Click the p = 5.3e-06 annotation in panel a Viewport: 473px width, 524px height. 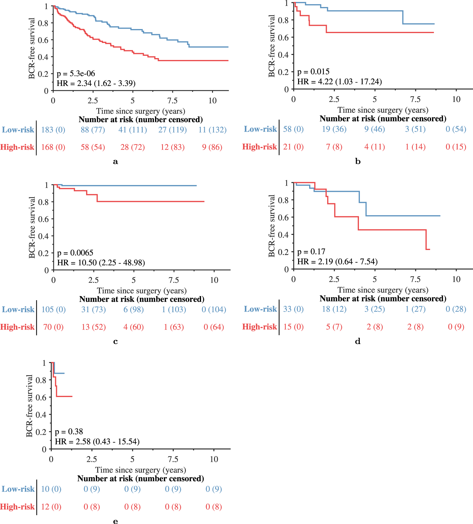(x=76, y=74)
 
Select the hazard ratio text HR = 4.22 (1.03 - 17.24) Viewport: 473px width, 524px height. (x=339, y=82)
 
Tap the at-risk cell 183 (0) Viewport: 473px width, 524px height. (x=53, y=130)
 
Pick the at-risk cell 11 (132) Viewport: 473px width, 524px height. (x=212, y=130)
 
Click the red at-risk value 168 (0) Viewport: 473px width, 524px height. (x=53, y=147)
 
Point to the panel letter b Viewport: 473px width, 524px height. (x=358, y=161)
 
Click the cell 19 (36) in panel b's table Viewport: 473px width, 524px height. (x=334, y=129)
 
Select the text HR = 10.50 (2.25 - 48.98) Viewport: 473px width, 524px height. (x=101, y=263)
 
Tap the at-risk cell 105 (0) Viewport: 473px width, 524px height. (x=54, y=309)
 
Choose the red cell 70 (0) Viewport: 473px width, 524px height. (x=53, y=327)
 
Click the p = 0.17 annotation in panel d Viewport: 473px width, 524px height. (x=311, y=252)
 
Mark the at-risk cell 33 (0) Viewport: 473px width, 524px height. (x=293, y=309)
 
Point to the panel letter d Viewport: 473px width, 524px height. (x=358, y=341)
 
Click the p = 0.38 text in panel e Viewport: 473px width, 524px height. (x=69, y=432)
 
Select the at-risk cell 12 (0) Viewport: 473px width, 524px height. (x=51, y=507)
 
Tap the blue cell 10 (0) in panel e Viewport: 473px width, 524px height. (x=51, y=489)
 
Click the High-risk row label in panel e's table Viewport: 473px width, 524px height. (x=17, y=507)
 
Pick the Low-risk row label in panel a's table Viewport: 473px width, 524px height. (x=18, y=130)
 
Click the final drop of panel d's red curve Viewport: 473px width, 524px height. (x=426, y=240)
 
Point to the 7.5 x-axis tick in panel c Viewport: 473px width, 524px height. (x=174, y=280)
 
